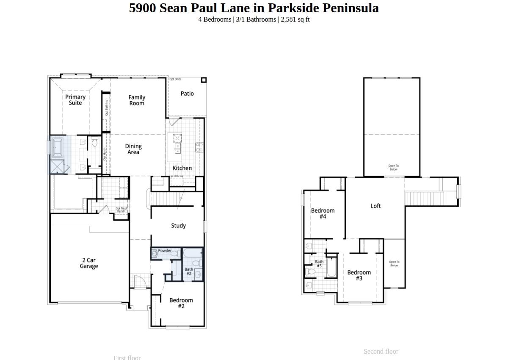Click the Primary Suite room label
point(75,100)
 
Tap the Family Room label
point(137,100)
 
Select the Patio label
point(187,94)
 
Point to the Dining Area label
point(133,149)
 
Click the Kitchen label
point(182,168)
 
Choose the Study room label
point(178,226)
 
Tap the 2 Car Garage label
point(89,263)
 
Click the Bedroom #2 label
point(181,303)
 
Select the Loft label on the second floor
point(375,206)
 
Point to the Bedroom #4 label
point(323,213)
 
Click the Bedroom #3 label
point(359,275)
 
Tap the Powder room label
point(165,251)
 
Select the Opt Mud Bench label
point(121,210)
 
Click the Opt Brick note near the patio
point(175,79)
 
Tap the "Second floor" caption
point(381,352)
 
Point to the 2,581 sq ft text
point(295,19)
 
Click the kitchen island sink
point(178,148)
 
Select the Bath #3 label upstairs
point(319,263)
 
